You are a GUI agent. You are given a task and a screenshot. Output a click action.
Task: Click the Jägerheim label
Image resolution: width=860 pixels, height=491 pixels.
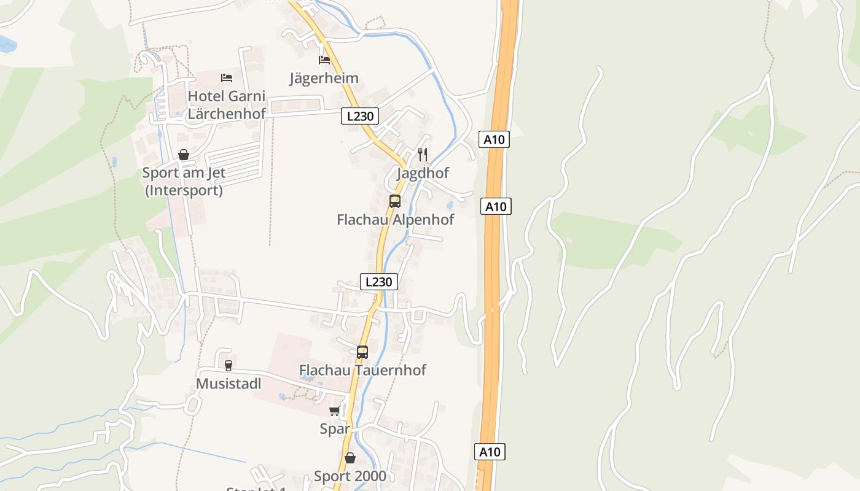point(324,78)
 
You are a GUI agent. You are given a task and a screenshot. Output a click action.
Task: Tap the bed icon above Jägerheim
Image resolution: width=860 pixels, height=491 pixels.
point(324,60)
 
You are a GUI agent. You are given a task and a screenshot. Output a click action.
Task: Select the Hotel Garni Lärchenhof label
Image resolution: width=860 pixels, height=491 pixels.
point(226,105)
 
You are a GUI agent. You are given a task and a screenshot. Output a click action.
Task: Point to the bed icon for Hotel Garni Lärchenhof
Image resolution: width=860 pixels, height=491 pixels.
point(227,77)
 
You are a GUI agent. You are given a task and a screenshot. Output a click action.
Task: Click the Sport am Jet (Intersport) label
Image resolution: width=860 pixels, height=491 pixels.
point(184,182)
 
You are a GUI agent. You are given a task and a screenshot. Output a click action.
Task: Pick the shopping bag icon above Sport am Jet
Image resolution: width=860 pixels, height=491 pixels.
point(184,155)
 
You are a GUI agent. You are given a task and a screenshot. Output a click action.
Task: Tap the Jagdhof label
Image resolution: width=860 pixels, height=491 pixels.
point(423,173)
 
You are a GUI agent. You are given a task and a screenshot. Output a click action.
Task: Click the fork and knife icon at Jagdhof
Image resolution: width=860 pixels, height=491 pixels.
point(423,154)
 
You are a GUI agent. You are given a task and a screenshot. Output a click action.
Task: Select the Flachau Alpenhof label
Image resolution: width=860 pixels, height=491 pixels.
point(395,219)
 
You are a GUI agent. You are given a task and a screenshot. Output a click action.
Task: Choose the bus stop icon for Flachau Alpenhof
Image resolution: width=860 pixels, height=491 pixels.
point(395,201)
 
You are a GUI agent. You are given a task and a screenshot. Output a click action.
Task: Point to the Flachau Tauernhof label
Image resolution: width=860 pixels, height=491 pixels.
point(362,370)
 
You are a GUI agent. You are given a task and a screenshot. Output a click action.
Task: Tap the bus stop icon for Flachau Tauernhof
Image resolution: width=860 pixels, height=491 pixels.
point(362,352)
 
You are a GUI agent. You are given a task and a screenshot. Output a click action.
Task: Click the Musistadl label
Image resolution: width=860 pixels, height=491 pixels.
point(229,384)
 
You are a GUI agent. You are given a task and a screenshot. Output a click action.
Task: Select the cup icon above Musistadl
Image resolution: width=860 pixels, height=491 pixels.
point(229,366)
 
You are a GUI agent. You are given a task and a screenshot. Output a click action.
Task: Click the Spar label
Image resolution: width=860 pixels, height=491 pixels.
point(335,429)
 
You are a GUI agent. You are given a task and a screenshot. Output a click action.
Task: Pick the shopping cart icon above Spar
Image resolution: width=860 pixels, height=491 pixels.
point(335,411)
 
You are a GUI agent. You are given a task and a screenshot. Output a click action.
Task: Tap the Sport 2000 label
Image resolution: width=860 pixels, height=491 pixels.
point(350,476)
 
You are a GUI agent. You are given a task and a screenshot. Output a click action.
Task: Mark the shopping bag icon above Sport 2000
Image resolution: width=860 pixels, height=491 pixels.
point(350,458)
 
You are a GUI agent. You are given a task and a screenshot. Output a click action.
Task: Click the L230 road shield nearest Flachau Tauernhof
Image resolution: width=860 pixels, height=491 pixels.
point(378,282)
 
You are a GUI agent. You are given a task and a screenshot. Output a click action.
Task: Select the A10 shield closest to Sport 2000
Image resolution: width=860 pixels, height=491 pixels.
point(490,452)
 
